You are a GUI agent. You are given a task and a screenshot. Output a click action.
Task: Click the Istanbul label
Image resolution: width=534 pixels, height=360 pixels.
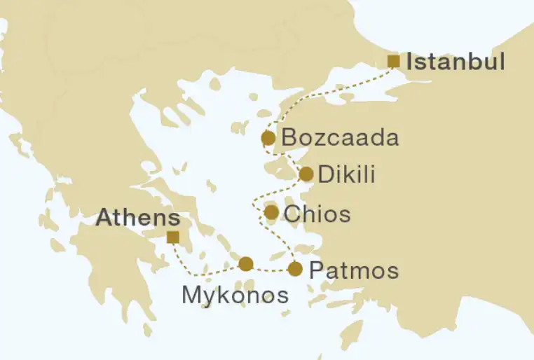(456, 62)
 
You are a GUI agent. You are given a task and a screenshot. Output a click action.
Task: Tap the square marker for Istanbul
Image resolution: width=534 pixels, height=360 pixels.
(394, 62)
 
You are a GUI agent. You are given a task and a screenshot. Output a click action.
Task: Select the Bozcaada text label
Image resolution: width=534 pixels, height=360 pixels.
(340, 138)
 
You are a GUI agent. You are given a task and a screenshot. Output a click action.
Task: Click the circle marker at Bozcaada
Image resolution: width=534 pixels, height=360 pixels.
(268, 138)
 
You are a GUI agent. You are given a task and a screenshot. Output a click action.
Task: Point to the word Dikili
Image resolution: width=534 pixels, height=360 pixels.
(346, 174)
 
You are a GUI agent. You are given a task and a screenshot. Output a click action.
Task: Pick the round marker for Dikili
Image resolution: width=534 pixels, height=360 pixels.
(306, 174)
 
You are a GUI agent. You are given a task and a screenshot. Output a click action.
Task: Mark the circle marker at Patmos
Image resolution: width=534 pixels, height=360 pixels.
(295, 269)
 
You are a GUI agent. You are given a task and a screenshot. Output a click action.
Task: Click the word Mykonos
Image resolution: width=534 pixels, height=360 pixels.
(235, 295)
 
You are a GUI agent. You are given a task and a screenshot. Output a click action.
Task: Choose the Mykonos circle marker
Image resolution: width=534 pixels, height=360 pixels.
(245, 264)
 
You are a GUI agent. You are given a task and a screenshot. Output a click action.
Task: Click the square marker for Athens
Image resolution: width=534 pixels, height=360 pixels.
(172, 237)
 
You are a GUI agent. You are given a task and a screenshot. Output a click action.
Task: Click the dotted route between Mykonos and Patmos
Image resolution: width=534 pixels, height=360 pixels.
(271, 269)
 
